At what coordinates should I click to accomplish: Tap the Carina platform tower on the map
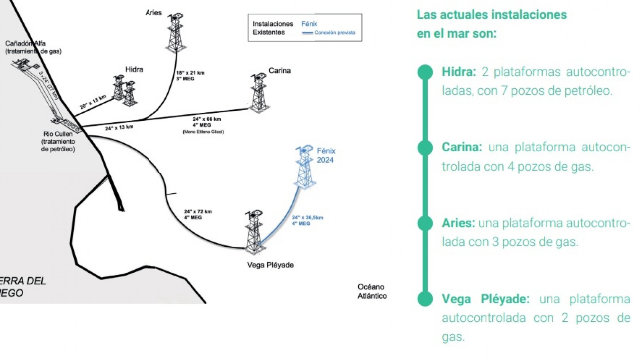[x=259, y=93]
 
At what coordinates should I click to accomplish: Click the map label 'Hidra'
[x=134, y=69]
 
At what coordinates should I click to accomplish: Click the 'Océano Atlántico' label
[x=372, y=291]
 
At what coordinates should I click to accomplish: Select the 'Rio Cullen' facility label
[x=58, y=134]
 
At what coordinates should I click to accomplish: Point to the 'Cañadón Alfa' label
[x=26, y=43]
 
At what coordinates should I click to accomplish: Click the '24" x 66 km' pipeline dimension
[x=207, y=119]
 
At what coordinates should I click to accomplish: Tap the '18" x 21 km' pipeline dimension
[x=190, y=73]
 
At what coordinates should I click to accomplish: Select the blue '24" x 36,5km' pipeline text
[x=307, y=217]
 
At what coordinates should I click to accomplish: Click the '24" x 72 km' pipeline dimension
[x=198, y=211]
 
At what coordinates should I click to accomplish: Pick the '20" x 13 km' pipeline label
[x=93, y=102]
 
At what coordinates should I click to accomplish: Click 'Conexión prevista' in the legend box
[x=335, y=32]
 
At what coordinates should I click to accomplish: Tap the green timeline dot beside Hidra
[x=425, y=72]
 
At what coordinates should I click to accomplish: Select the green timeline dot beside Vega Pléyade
[x=425, y=299]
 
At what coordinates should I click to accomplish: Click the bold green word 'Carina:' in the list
[x=462, y=147]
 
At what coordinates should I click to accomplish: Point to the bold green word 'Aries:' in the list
[x=458, y=223]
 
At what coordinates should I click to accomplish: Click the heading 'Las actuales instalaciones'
[x=492, y=15]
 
